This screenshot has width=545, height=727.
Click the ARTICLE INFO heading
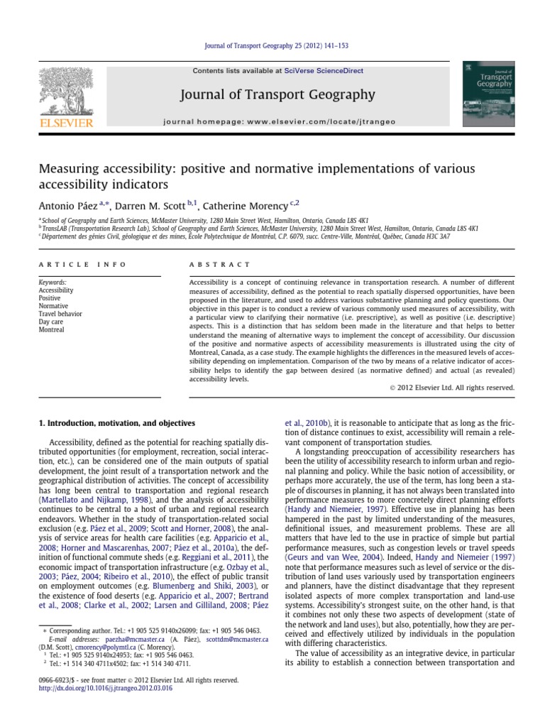coord(82,264)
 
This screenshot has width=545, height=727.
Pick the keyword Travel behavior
coord(60,314)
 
